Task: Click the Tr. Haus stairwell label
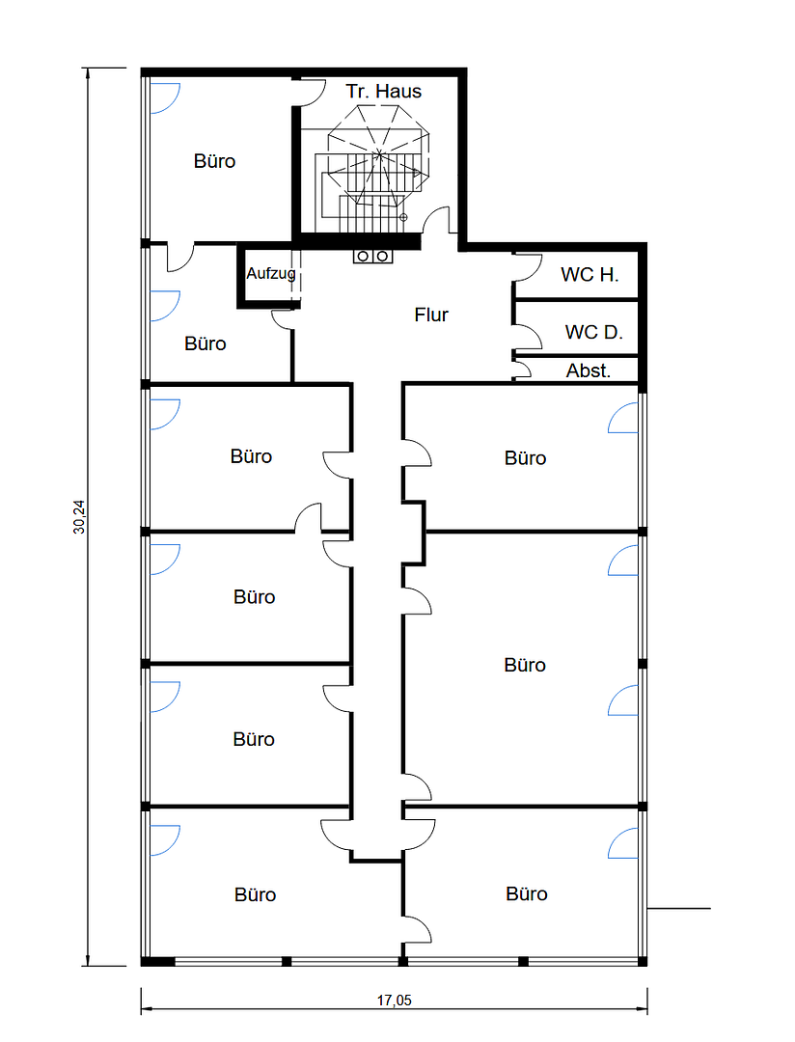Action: tap(384, 91)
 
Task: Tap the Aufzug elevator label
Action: tap(270, 273)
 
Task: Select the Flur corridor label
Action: tap(431, 315)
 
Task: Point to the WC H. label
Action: tap(589, 274)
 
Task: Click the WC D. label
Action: tap(593, 332)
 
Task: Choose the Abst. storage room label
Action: tap(589, 370)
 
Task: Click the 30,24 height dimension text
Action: tap(79, 516)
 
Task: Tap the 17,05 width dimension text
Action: tap(395, 1000)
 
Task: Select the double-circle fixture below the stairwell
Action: tap(372, 256)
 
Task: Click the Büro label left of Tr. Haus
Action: tap(215, 161)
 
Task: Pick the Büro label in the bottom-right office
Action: tap(527, 893)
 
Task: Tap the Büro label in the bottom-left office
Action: tap(256, 894)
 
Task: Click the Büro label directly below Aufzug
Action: tap(206, 343)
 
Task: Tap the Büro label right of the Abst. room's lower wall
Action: tap(525, 458)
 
